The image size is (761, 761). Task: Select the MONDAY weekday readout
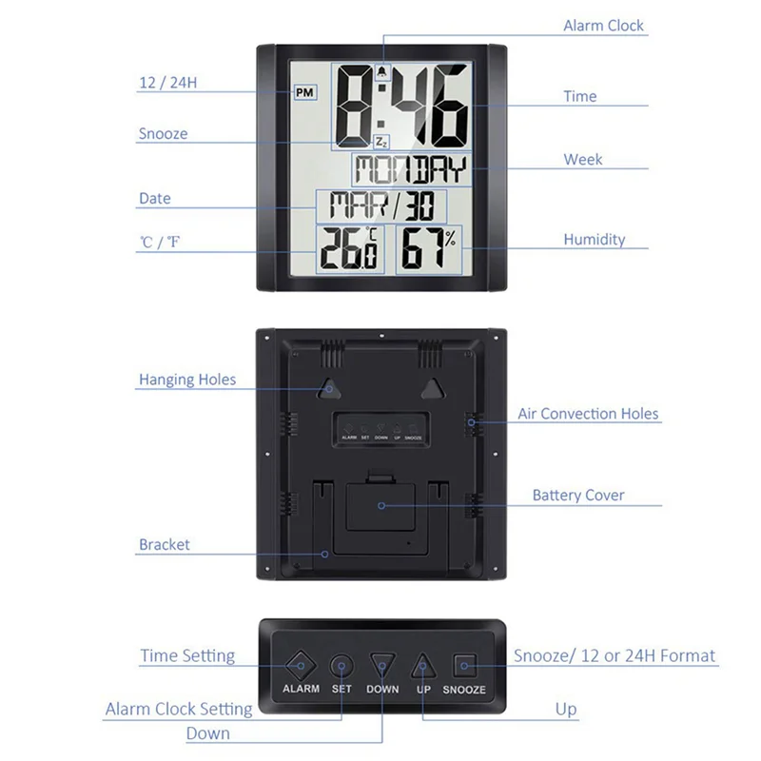click(411, 171)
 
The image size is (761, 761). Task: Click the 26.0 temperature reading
click(349, 251)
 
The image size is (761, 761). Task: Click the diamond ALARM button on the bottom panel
click(302, 664)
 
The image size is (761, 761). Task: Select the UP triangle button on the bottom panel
click(423, 664)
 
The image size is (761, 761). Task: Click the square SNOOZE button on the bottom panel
click(464, 664)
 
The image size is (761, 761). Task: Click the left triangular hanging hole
click(327, 388)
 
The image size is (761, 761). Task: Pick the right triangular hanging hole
click(434, 388)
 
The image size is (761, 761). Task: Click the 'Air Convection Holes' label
click(588, 414)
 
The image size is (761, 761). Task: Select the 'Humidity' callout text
click(594, 240)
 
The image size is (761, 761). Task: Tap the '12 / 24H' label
click(167, 83)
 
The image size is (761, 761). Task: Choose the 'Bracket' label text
click(165, 545)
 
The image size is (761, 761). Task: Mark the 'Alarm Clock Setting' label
click(179, 709)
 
